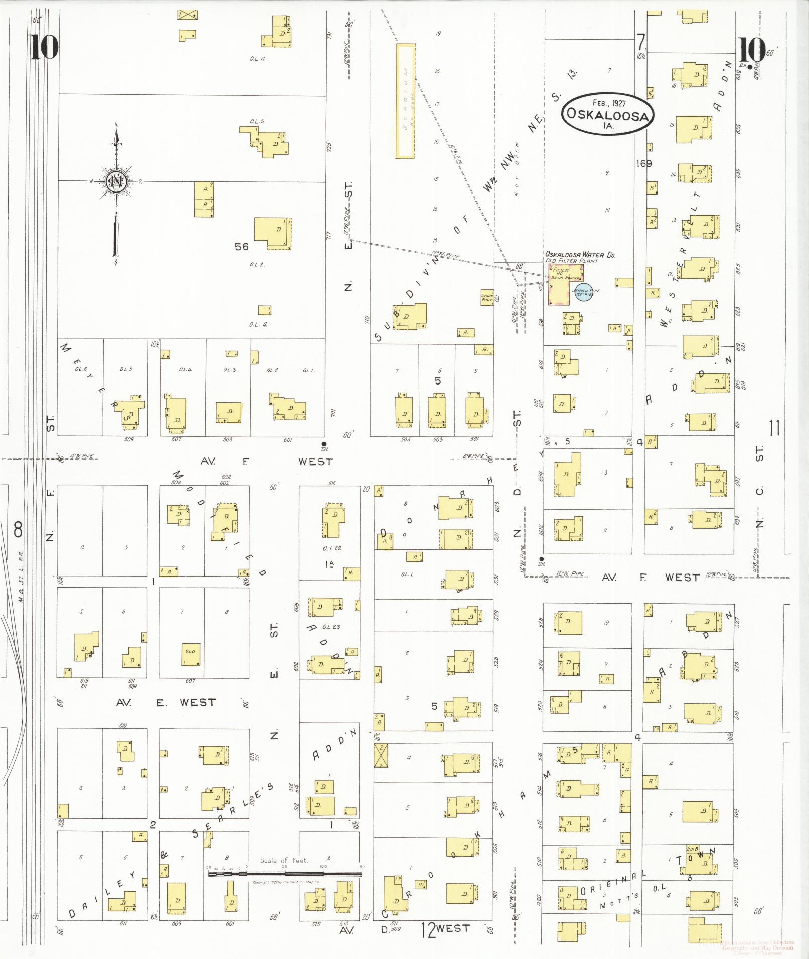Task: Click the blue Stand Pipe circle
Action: (x=584, y=291)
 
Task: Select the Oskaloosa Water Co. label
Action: (x=580, y=255)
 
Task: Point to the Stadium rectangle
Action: (x=405, y=101)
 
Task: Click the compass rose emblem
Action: (x=116, y=181)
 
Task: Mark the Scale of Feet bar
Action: (x=285, y=874)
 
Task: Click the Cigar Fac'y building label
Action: (x=487, y=297)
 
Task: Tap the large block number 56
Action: (x=242, y=246)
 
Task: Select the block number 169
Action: (x=643, y=163)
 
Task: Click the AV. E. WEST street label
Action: (x=166, y=703)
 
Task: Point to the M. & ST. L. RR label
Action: (x=22, y=578)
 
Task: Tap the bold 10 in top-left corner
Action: (x=44, y=47)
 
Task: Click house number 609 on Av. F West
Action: (x=129, y=440)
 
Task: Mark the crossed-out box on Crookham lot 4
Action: (x=381, y=755)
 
